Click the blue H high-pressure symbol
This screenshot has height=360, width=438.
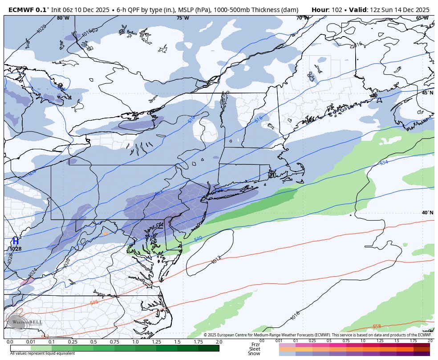pos(15,241)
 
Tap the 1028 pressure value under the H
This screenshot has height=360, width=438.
pos(15,249)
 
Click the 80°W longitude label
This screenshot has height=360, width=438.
pos(63,18)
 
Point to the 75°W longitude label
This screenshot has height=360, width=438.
pos(182,18)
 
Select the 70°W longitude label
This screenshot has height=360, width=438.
pos(303,18)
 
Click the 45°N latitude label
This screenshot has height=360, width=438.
pos(427,93)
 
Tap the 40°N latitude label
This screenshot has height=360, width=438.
pos(427,213)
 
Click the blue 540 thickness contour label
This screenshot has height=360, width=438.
pos(198,239)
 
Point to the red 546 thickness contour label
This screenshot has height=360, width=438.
pos(94,303)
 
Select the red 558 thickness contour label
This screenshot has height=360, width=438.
pos(377,327)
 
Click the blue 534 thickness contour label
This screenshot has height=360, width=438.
pos(384,163)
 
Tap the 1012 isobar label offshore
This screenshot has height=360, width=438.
pos(216,259)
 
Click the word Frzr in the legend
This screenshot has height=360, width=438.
pos(255,344)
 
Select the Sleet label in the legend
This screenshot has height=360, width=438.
pos(255,349)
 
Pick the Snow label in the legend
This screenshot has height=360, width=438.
pos(254,354)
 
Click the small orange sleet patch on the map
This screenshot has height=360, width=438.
pos(105,233)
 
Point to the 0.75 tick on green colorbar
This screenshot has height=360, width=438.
pos(114,341)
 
